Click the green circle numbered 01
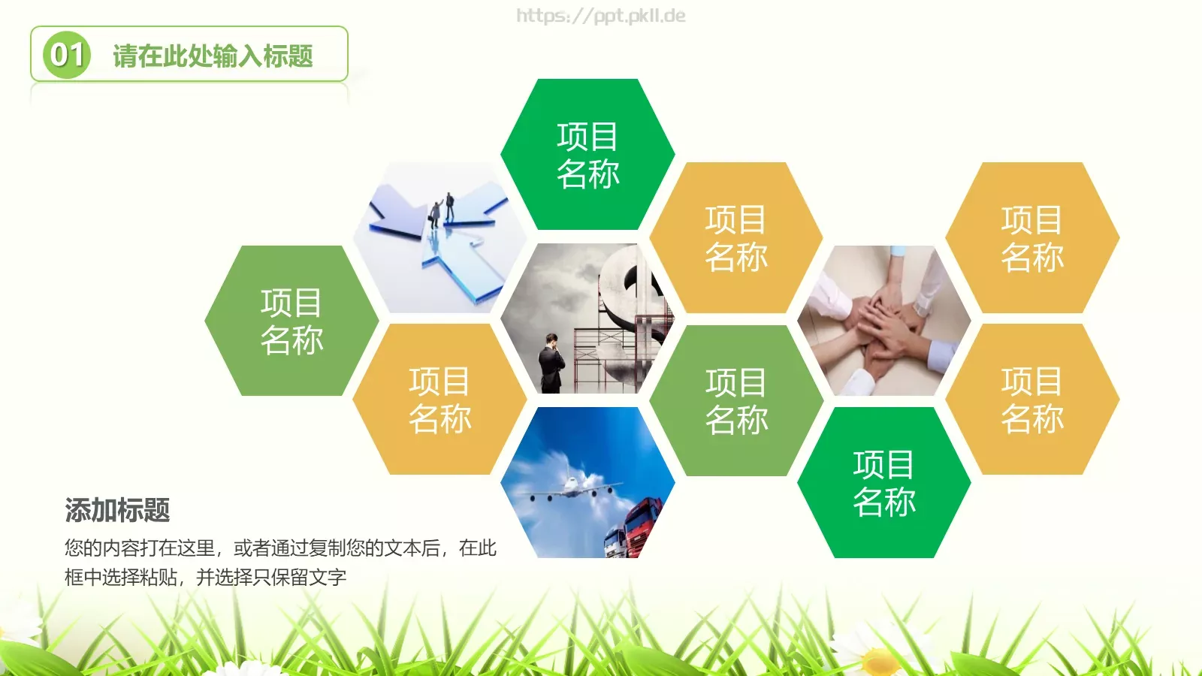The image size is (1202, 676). (67, 54)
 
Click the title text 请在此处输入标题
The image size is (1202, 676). (213, 56)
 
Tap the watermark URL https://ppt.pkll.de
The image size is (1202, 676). (600, 16)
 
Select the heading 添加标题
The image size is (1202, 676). (117, 510)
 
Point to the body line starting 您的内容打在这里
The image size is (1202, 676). (280, 548)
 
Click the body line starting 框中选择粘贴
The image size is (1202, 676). (205, 577)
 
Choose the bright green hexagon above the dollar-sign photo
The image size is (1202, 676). (587, 155)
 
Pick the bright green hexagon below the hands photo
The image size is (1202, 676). (884, 483)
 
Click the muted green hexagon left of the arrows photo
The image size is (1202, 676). (291, 321)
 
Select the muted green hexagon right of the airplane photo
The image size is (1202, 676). (736, 400)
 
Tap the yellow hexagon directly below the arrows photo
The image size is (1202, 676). (439, 400)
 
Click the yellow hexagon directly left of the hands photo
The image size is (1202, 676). (736, 238)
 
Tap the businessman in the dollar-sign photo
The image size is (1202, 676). (551, 364)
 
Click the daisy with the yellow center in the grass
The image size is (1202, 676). (879, 661)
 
